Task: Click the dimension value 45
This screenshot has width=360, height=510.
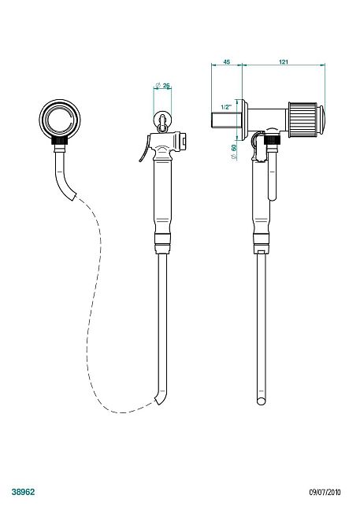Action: tap(227, 61)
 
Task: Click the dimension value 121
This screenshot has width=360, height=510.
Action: tap(284, 61)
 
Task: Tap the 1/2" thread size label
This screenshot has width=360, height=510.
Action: tap(226, 107)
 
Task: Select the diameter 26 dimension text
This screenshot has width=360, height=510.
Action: tap(162, 86)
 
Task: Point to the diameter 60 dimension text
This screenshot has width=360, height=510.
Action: tap(234, 152)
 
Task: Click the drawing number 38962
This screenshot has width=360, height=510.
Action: tap(23, 492)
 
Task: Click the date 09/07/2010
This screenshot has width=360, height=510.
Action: tap(325, 493)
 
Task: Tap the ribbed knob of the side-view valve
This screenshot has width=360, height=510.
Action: tap(302, 120)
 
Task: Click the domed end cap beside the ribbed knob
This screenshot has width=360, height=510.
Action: tap(321, 120)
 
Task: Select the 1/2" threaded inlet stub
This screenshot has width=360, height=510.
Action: tap(227, 120)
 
